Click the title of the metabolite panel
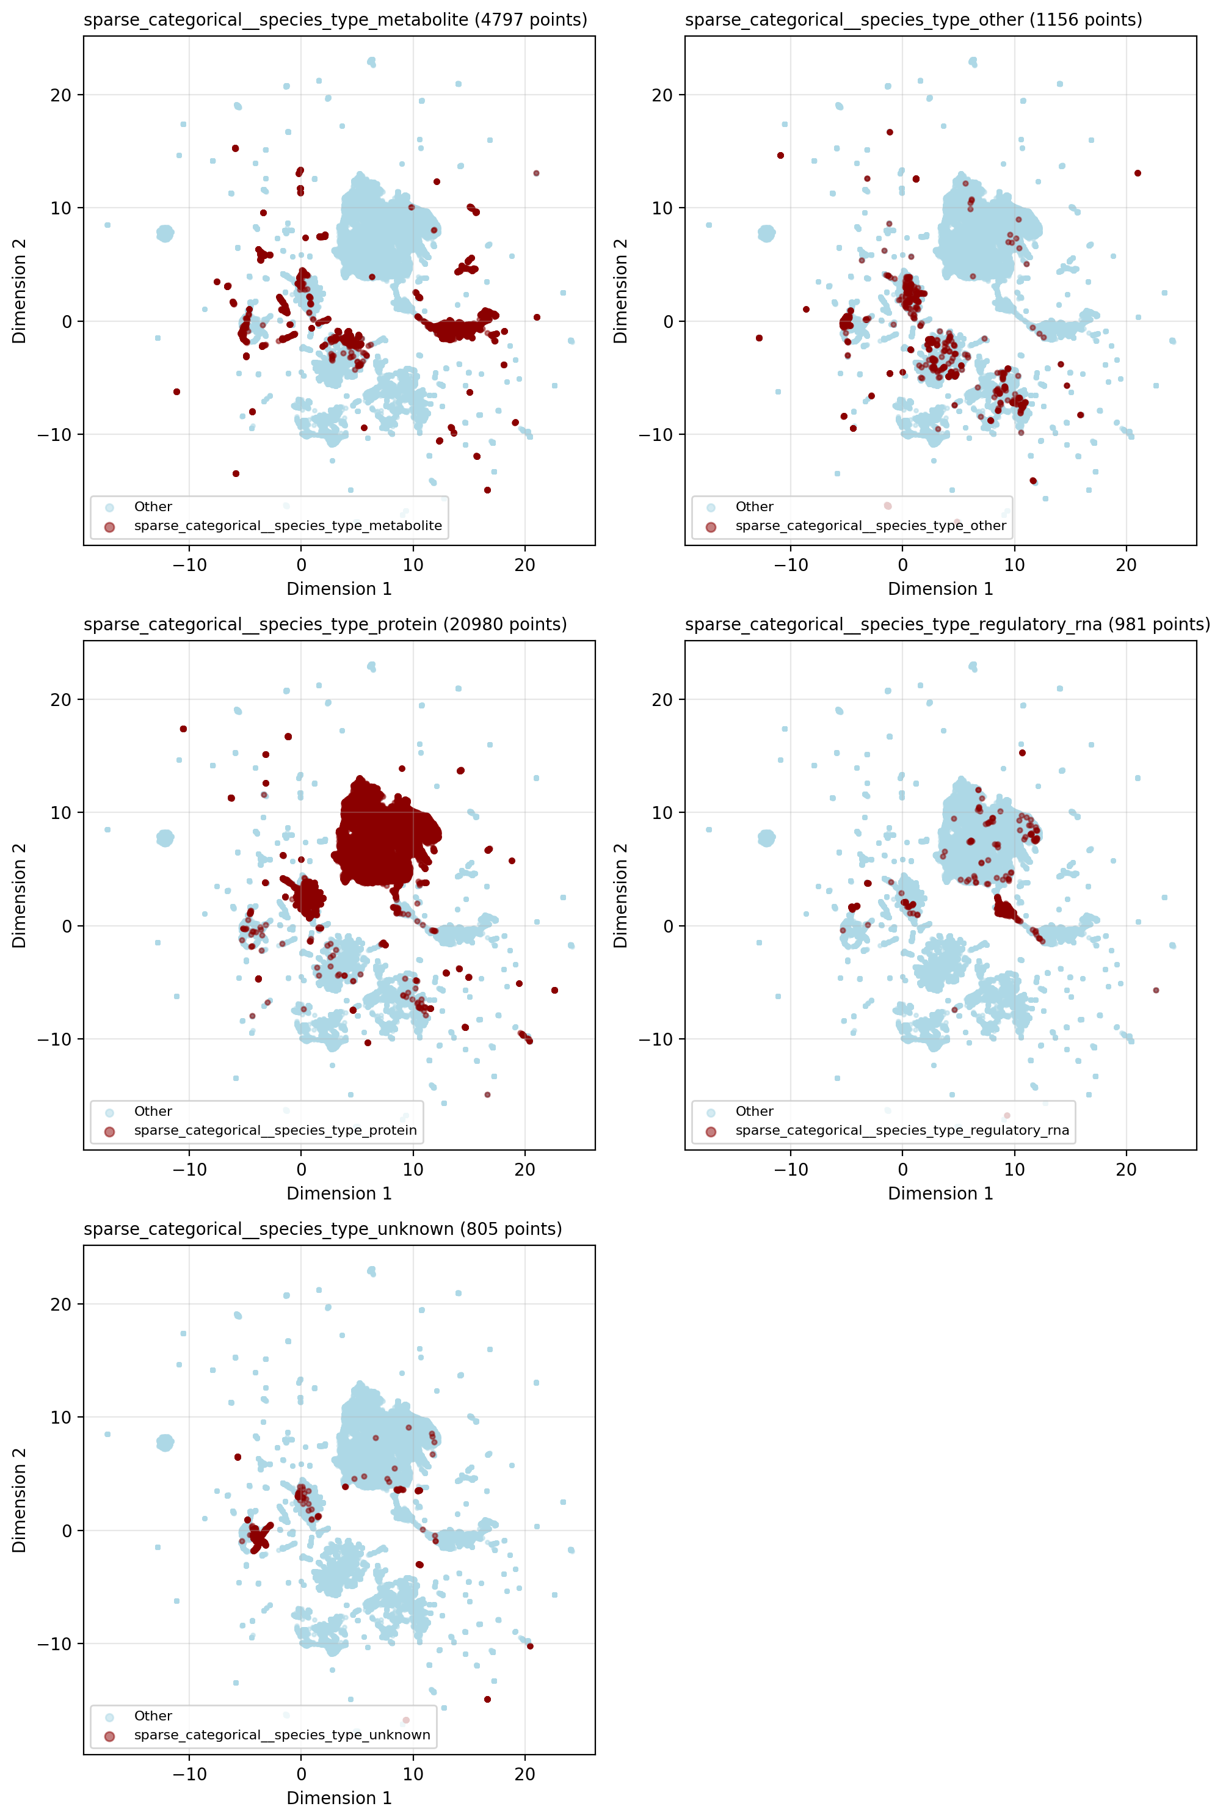[x=335, y=20]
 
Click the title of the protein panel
[x=325, y=624]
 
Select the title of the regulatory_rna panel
[x=947, y=624]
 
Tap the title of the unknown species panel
[x=323, y=1229]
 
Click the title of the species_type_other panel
[x=913, y=20]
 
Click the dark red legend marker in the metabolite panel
[x=109, y=526]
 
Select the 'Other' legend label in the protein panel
[x=153, y=1111]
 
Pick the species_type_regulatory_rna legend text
[x=902, y=1130]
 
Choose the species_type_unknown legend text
[x=281, y=1735]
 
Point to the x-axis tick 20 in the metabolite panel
[x=525, y=565]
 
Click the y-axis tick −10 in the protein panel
[x=54, y=1039]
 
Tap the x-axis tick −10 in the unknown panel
[x=189, y=1774]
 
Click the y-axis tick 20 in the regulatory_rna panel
[x=662, y=700]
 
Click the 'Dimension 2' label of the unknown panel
[x=20, y=1499]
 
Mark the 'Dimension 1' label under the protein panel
[x=339, y=1193]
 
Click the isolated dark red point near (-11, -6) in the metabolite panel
[x=177, y=391]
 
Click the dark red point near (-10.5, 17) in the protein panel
[x=183, y=729]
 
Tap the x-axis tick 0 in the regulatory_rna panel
[x=902, y=1170]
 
